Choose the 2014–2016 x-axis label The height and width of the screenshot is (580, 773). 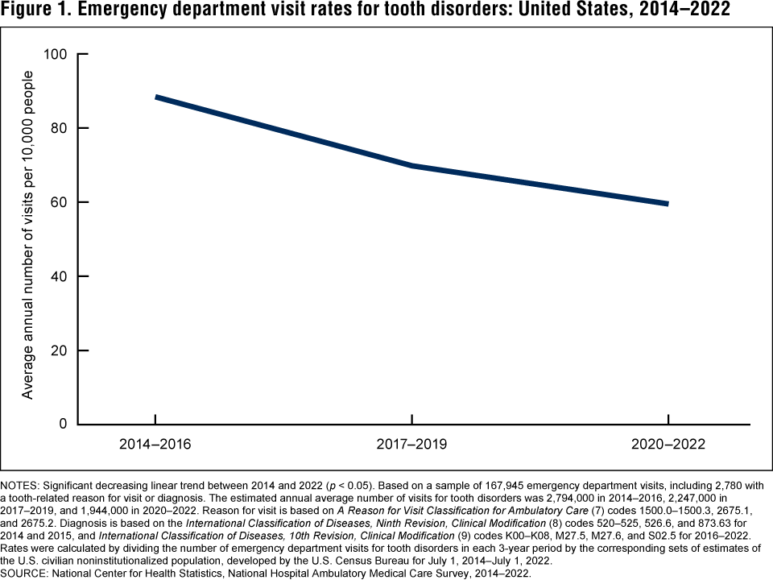tap(155, 445)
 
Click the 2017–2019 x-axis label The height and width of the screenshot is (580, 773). tap(412, 445)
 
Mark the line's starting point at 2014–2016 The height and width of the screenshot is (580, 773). tap(156, 97)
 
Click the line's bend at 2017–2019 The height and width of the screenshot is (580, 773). tap(412, 166)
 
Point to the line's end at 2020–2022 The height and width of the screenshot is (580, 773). tap(668, 204)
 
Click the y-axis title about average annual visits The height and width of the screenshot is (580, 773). tap(28, 234)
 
